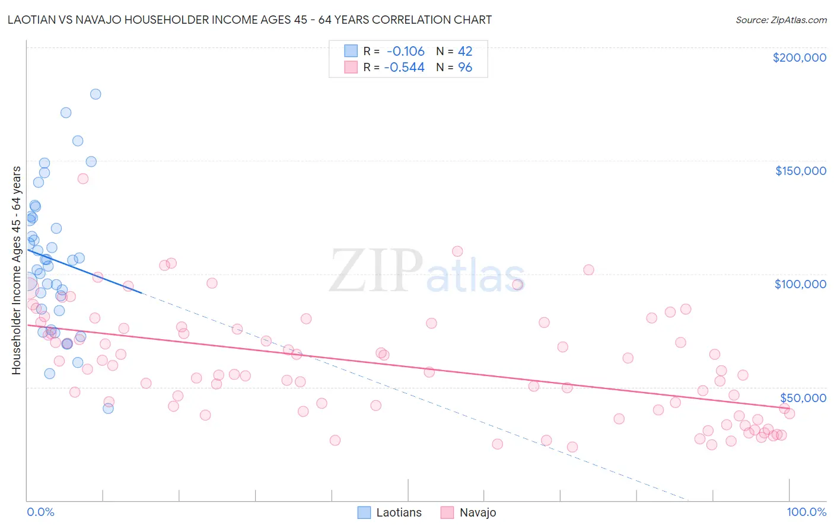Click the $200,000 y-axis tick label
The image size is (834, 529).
pyautogui.click(x=799, y=58)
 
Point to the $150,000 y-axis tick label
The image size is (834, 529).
pyautogui.click(x=800, y=171)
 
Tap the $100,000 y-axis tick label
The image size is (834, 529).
pyautogui.click(x=800, y=284)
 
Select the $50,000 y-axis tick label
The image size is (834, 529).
pyautogui.click(x=803, y=397)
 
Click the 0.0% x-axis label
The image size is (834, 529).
pyautogui.click(x=40, y=512)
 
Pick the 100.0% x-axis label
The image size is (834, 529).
pyautogui.click(x=806, y=512)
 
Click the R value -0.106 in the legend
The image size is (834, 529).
pyautogui.click(x=406, y=52)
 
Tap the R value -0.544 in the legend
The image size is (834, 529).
pyautogui.click(x=405, y=68)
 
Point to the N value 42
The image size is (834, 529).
pyautogui.click(x=465, y=52)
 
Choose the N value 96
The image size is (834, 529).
pyautogui.click(x=465, y=68)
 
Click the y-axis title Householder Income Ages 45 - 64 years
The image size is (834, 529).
pyautogui.click(x=16, y=270)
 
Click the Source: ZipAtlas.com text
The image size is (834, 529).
pyautogui.click(x=781, y=20)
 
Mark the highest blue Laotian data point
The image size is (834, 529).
pyautogui.click(x=96, y=94)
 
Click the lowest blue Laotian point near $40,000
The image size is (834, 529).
pyautogui.click(x=108, y=408)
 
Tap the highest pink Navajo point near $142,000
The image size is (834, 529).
pyautogui.click(x=83, y=179)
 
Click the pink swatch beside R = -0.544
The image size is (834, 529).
pyautogui.click(x=351, y=68)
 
